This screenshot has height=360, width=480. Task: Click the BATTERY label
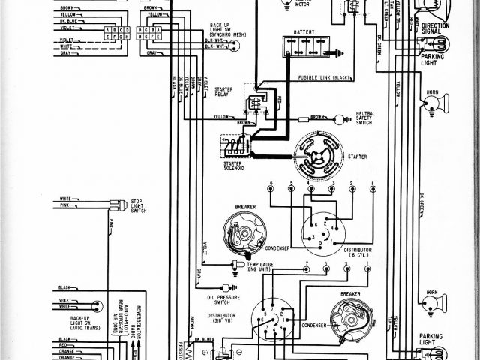(304, 31)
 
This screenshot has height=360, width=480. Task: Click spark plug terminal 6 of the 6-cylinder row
(269, 185)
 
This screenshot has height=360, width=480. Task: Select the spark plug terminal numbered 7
(306, 265)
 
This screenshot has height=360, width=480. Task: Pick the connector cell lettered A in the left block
(109, 29)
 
